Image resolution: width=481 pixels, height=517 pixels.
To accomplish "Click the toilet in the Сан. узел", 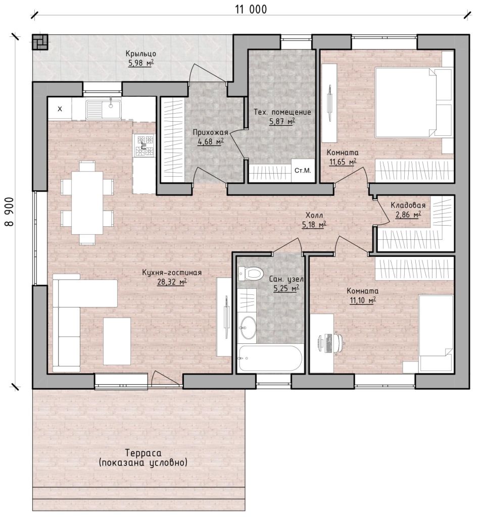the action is click(x=251, y=273).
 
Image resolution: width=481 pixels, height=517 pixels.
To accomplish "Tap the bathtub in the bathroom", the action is click(x=270, y=358).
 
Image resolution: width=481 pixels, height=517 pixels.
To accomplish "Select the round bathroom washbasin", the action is click(x=248, y=327).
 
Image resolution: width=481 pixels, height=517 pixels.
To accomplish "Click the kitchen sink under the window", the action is click(x=104, y=110).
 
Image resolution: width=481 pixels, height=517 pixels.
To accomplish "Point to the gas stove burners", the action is click(x=145, y=145).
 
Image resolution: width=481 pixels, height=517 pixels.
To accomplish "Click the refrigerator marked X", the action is click(x=60, y=109).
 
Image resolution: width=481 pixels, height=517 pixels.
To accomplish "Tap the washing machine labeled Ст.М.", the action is click(x=303, y=171).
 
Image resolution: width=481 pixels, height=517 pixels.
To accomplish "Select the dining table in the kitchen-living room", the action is click(x=87, y=202).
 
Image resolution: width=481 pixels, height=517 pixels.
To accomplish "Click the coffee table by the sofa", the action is click(x=117, y=341).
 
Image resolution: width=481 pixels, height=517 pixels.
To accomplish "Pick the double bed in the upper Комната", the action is click(x=414, y=102).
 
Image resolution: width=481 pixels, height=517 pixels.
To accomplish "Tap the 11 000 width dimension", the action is click(x=251, y=9).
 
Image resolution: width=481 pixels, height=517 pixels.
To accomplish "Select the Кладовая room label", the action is click(x=408, y=205).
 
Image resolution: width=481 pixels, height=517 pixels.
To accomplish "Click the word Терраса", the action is click(x=143, y=453).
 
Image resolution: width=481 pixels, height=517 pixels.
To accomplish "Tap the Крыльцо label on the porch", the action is click(x=141, y=54).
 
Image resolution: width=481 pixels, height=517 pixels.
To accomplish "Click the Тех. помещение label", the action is click(x=282, y=112).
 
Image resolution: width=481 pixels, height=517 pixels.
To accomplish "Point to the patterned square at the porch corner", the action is click(x=40, y=42).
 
